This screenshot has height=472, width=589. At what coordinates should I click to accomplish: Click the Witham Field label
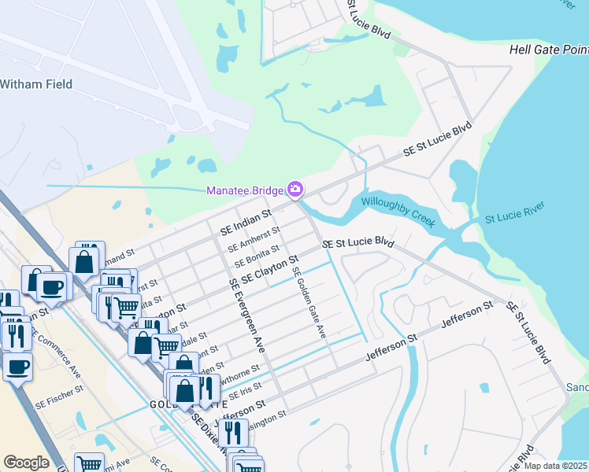[x=36, y=84]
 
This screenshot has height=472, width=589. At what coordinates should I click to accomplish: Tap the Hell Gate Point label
[x=548, y=50]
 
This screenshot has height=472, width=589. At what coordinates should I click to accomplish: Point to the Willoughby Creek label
[x=398, y=212]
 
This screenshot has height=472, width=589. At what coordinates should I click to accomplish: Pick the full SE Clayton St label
[x=269, y=269]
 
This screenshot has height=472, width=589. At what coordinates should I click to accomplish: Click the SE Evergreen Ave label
[x=246, y=314]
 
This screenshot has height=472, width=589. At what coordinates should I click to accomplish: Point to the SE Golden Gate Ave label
[x=309, y=303]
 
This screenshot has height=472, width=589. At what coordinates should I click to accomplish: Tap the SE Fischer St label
[x=60, y=397]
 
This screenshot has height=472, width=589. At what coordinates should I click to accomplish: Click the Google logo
[x=26, y=463]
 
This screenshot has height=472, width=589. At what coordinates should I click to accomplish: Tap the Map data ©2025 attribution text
[x=556, y=466]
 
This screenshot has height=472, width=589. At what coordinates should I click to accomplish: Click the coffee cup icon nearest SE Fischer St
[x=17, y=365]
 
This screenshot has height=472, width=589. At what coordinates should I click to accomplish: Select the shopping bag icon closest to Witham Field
[x=85, y=260]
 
